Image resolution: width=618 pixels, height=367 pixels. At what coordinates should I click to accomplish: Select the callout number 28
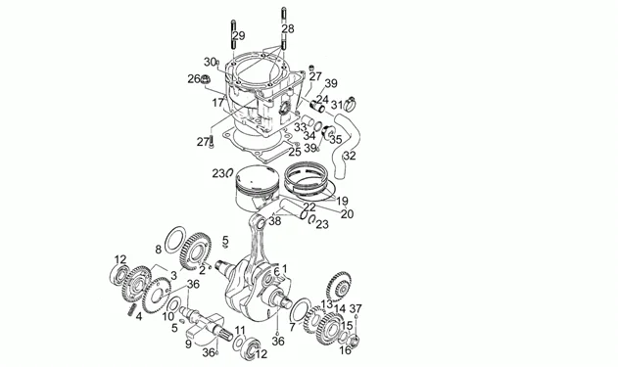tap(287, 29)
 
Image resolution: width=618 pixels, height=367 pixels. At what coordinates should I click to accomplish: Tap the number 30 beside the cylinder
tap(210, 62)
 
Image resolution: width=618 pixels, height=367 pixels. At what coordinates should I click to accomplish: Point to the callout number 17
tap(218, 101)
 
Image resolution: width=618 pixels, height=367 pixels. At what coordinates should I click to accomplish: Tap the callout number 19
tap(342, 201)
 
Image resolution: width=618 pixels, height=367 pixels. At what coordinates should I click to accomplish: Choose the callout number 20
tap(346, 214)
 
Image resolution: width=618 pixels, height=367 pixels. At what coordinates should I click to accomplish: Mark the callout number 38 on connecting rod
tap(274, 221)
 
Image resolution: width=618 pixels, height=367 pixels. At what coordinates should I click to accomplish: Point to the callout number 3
tap(173, 276)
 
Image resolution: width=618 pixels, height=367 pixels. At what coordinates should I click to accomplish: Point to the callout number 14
tap(340, 310)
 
